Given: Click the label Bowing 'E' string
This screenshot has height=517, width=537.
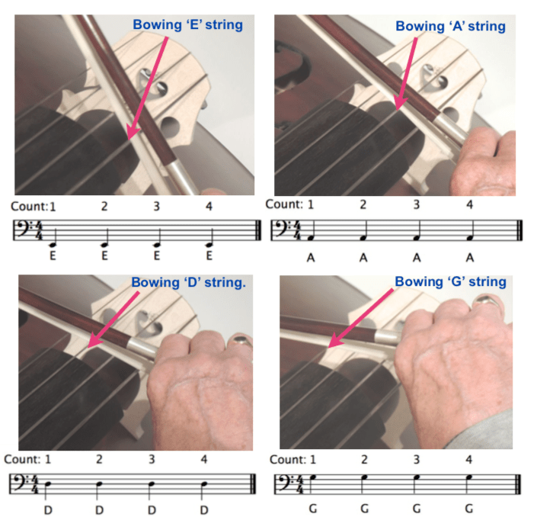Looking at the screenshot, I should pos(187,25).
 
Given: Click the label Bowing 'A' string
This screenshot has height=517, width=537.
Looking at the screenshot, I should pos(450,27).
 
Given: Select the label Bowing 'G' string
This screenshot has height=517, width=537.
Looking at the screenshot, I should pos(450,282).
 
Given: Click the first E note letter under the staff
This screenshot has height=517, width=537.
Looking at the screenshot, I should pos(53,255).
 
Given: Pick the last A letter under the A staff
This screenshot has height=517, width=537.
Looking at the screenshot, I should pos(470,257).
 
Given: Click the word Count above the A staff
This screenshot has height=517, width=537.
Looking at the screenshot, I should pos(283,204).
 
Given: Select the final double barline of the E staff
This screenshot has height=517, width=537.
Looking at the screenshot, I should pos(259,231).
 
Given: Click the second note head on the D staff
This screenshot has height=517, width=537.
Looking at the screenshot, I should pos(99,483).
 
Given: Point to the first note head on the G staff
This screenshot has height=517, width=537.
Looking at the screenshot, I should pos(312,478).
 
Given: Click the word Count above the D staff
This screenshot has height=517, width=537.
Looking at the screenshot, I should pos(21,459).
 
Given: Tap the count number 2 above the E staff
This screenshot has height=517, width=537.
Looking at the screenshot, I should pos(104,207).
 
